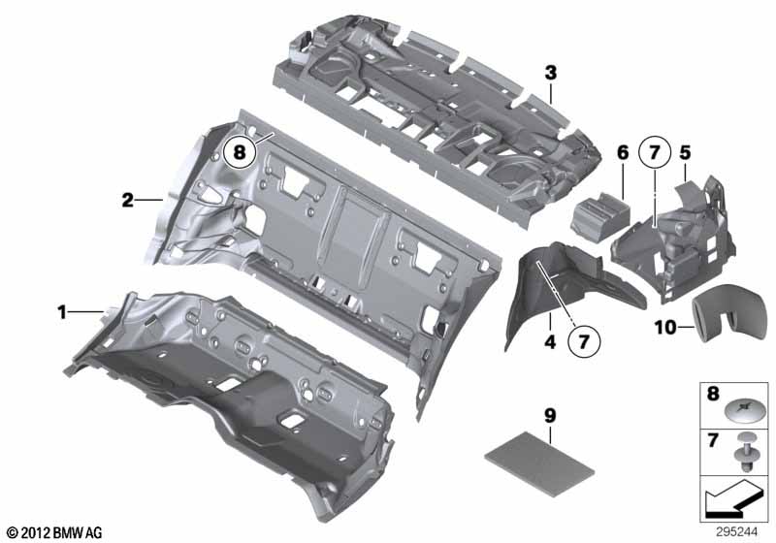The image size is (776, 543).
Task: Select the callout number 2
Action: pos(127,201)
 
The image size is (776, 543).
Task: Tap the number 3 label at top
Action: pos(550,73)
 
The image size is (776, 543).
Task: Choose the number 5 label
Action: pos(685,152)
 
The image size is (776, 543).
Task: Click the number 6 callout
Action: pos(623,152)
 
